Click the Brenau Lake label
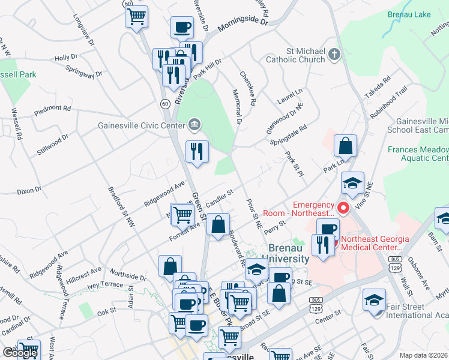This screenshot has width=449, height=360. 414,14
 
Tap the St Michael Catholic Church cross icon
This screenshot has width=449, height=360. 335,55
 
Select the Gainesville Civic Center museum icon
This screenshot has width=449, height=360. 194,125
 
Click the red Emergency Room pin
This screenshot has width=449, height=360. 343,209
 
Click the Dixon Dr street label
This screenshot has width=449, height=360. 29,190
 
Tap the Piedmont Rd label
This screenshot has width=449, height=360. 52,109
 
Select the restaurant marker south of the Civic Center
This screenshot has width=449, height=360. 197,152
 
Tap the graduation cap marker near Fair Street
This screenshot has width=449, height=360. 374,301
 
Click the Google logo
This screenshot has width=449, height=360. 20,353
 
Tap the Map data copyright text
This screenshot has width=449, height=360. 424,355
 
